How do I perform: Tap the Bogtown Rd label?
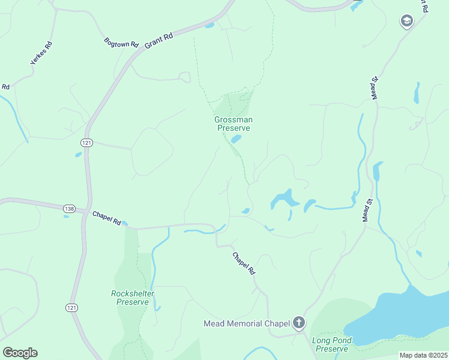pos(121,43)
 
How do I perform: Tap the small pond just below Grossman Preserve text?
pos(236,139)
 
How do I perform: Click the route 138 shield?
pos(69,208)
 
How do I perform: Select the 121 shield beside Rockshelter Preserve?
pos(71,307)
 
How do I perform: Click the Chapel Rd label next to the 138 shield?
pos(106,217)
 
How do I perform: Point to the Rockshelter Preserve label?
pos(133,298)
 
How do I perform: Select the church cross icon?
pos(299,323)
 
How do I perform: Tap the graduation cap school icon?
pos(406,22)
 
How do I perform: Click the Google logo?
pos(20,353)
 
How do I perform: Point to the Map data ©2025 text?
pos(423,355)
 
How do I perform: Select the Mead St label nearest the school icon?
pos(375,88)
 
